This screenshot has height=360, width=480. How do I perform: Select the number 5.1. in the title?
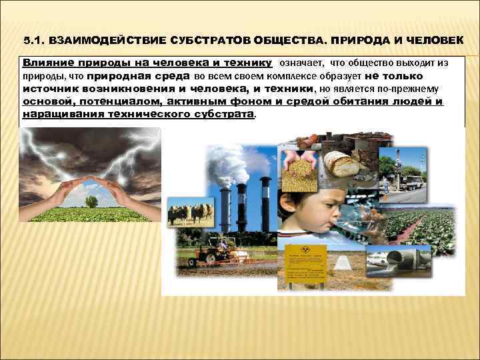[x=35, y=41]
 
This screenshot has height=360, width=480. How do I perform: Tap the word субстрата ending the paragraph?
[x=221, y=114]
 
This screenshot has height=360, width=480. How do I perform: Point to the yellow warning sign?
[x=305, y=263]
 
